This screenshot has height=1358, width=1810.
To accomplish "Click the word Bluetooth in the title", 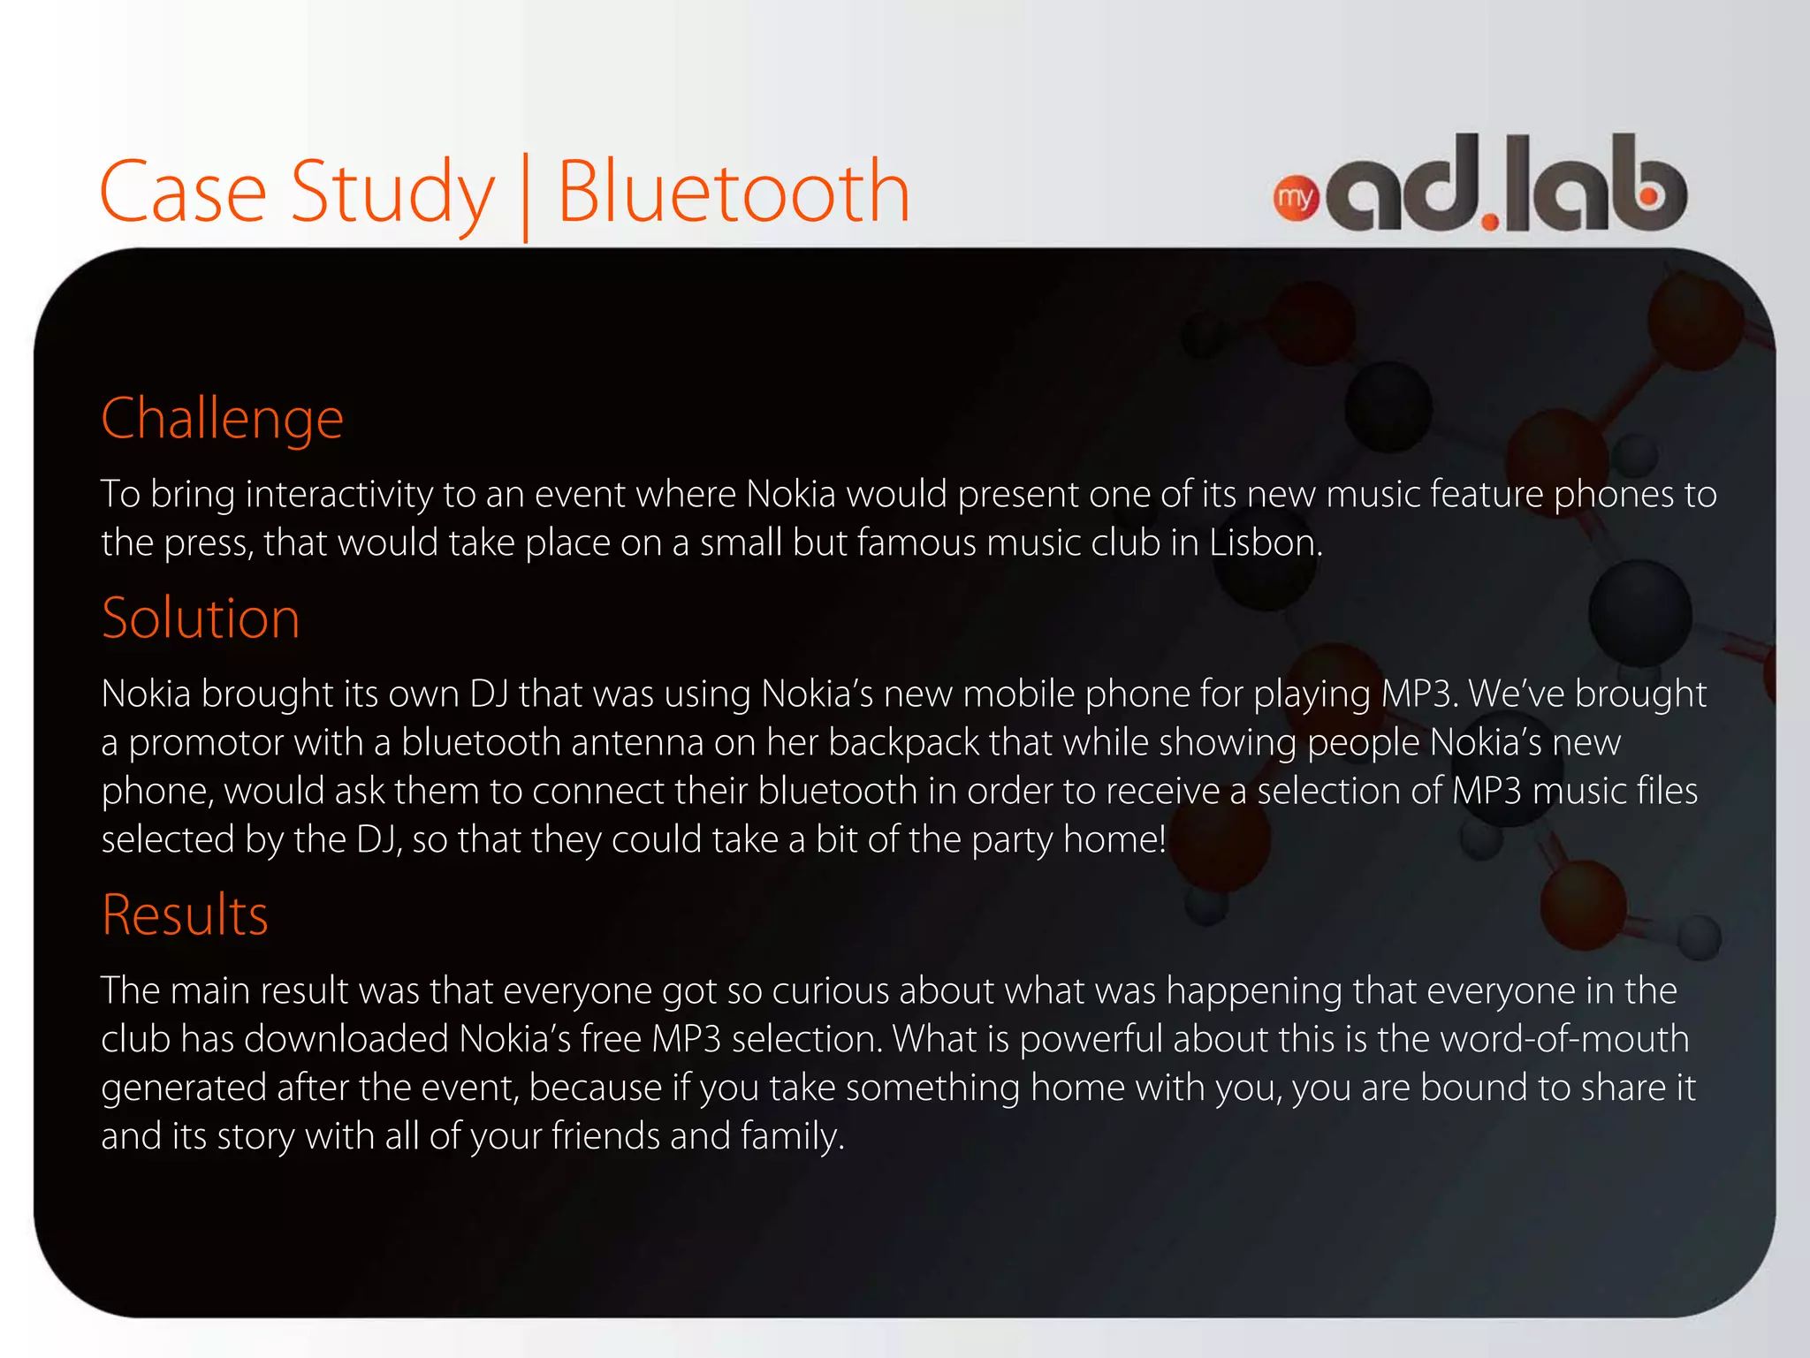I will [x=733, y=192].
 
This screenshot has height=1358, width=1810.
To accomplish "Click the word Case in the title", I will [x=182, y=192].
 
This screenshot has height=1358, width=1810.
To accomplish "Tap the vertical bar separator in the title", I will [x=526, y=197].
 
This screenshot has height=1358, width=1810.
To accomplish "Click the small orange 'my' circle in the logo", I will [x=1295, y=198].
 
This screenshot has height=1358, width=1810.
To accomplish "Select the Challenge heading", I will [x=222, y=418].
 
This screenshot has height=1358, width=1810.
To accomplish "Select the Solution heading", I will [x=201, y=618].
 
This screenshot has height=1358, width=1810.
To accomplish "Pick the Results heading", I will [x=185, y=914].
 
